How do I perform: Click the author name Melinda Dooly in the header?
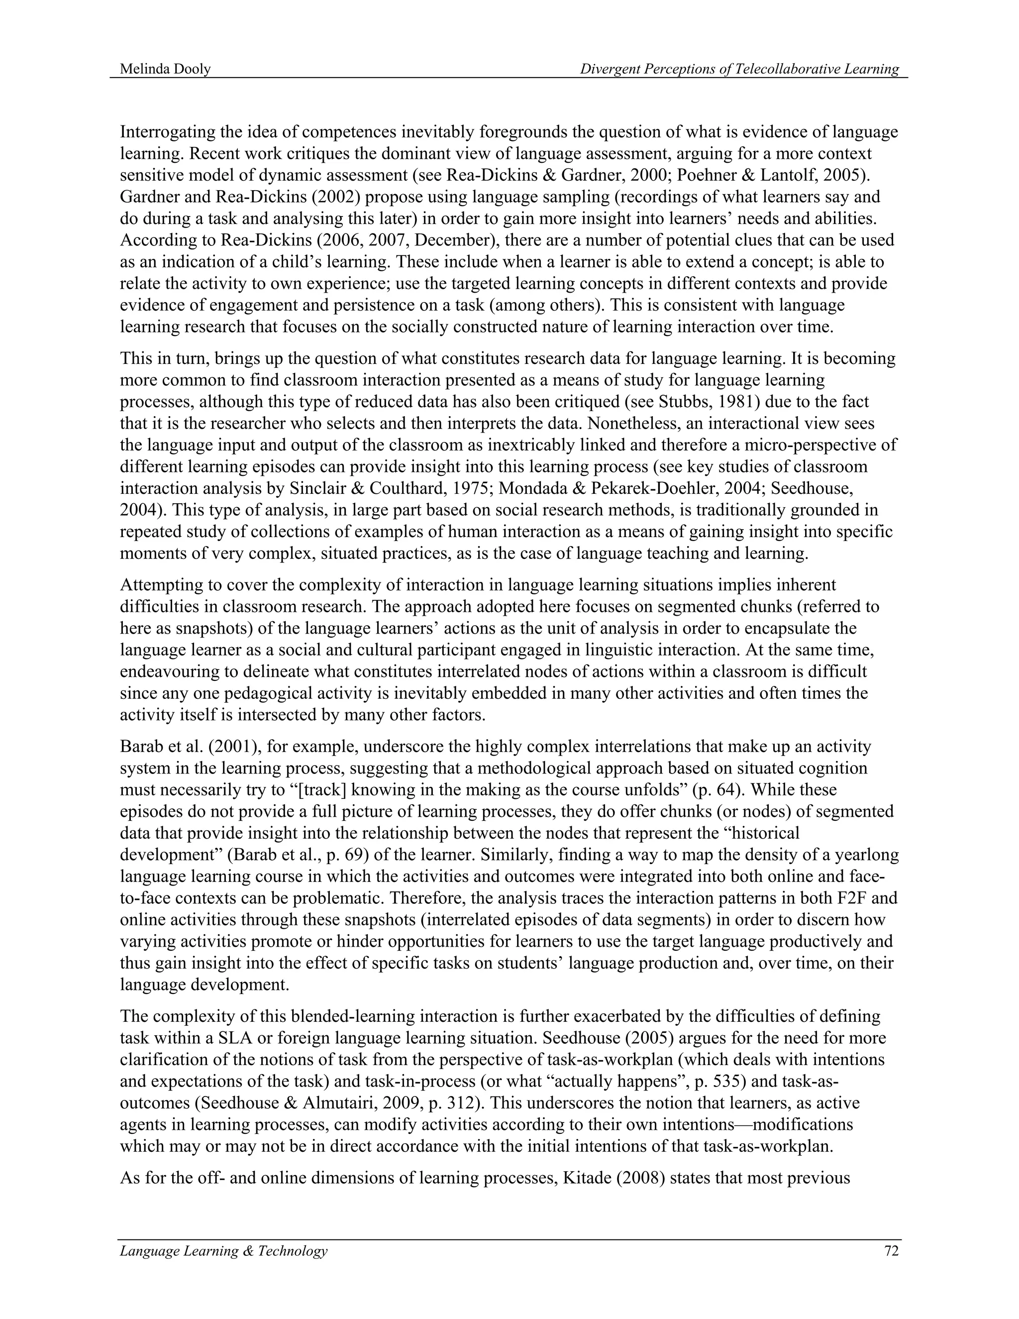point(165,70)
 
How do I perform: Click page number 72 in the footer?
point(891,1251)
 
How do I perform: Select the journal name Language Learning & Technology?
point(223,1251)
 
